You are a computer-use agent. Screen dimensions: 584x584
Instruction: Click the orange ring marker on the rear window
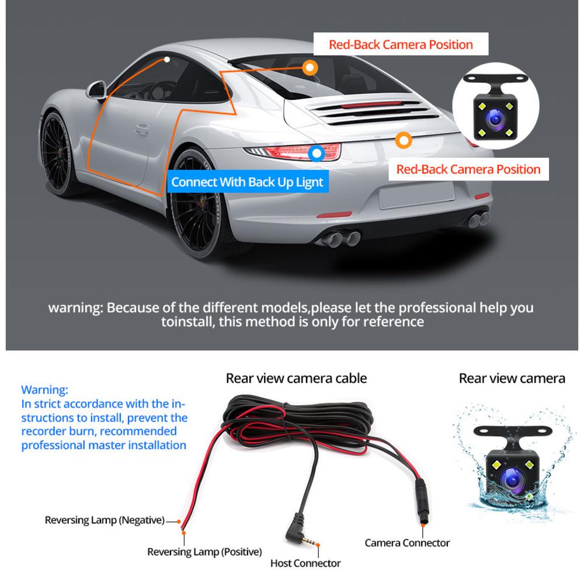click(310, 68)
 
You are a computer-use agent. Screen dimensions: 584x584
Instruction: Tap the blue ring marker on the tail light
click(317, 152)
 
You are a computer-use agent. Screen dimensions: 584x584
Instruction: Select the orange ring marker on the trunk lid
click(404, 140)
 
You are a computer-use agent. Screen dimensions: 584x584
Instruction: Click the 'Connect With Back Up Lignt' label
click(248, 182)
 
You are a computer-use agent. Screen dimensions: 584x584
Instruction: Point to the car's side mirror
click(96, 91)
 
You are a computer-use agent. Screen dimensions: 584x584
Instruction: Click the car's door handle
click(142, 129)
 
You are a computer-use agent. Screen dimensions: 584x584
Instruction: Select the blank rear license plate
click(417, 195)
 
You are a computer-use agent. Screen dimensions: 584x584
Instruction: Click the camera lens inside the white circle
click(495, 119)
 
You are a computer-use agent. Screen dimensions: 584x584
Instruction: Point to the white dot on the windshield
click(167, 60)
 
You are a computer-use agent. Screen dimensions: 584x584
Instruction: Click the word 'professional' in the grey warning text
click(437, 308)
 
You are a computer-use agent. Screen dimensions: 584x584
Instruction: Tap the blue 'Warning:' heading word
click(45, 390)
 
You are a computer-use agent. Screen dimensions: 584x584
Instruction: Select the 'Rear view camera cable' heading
click(297, 378)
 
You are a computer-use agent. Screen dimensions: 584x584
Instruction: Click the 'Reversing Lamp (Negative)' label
click(105, 520)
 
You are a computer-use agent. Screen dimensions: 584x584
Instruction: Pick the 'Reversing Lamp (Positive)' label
click(204, 552)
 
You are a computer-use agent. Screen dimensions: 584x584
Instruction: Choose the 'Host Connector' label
click(305, 563)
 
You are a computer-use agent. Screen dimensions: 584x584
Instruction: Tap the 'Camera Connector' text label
click(407, 543)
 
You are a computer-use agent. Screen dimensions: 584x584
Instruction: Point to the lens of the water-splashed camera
click(512, 479)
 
